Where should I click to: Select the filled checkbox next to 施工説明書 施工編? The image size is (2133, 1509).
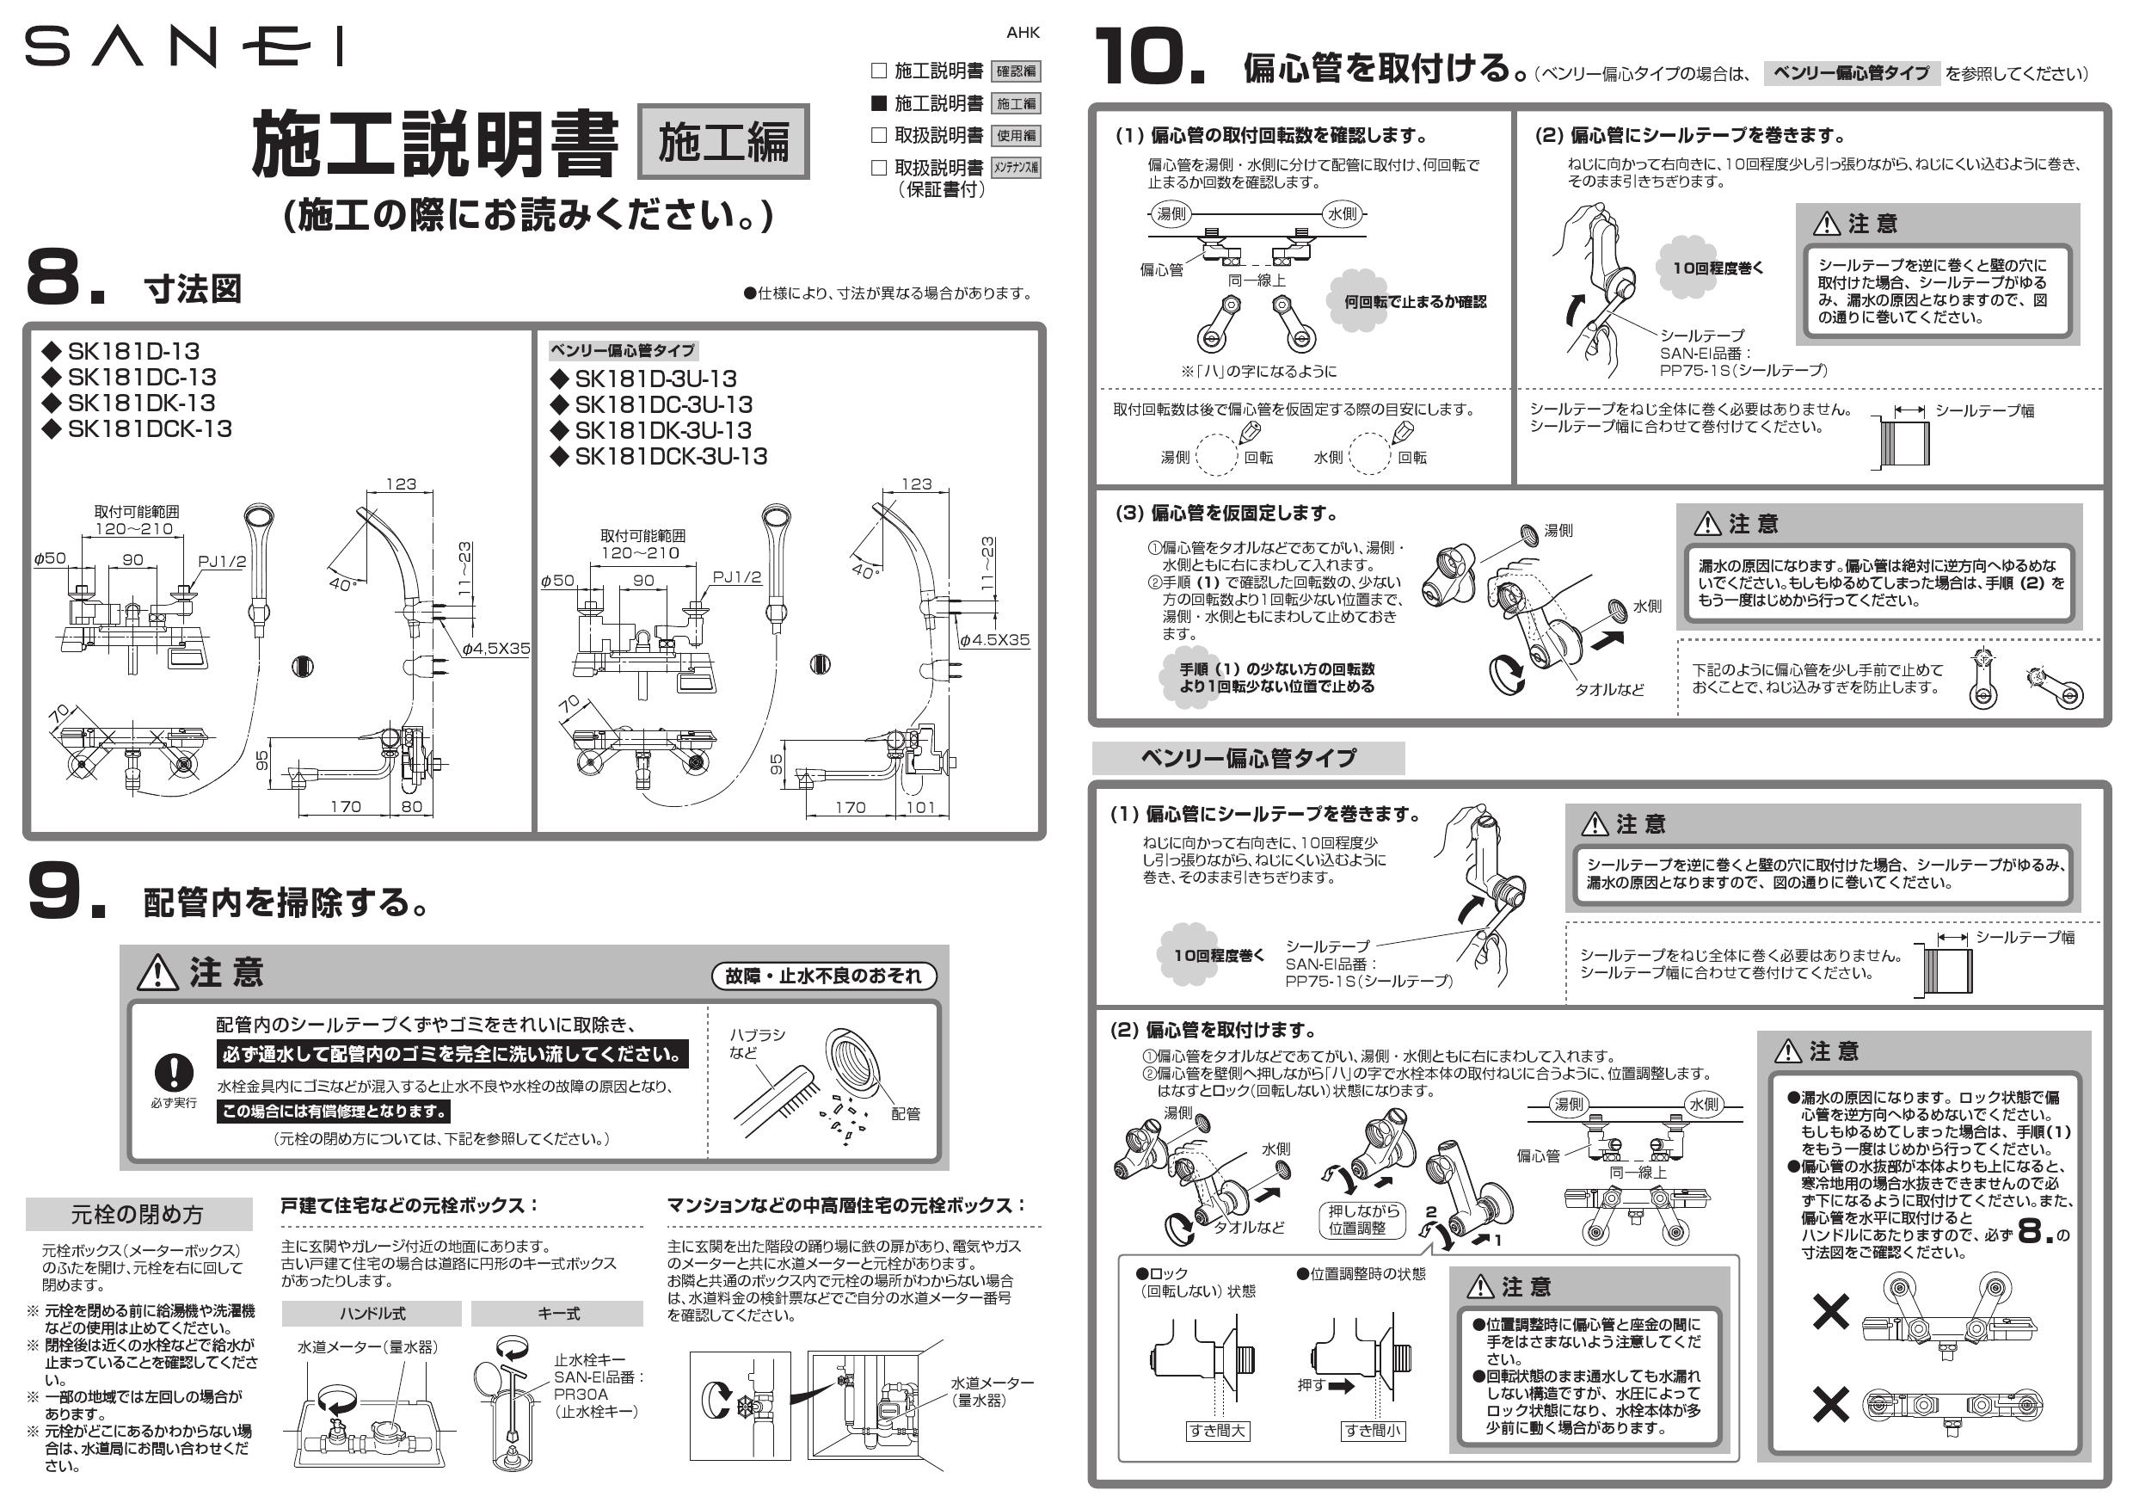point(879,102)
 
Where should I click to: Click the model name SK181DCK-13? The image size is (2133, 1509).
point(149,428)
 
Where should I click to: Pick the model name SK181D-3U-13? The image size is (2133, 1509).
point(655,379)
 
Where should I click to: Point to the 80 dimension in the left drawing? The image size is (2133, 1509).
point(412,806)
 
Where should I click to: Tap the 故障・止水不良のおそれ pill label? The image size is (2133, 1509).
point(823,976)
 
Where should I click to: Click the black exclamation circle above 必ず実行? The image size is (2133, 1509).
point(174,1071)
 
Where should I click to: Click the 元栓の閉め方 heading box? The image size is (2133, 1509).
point(138,1214)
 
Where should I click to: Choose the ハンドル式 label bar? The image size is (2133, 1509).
point(372,1313)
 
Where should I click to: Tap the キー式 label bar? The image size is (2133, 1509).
point(557,1313)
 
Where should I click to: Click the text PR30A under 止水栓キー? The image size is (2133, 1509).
point(581,1394)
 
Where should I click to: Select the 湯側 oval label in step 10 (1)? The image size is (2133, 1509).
point(1171,213)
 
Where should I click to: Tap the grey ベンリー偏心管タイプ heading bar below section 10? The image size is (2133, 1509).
point(1248,758)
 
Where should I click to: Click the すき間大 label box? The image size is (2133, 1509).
point(1217,1430)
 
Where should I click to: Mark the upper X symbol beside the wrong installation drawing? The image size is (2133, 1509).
point(1830,1311)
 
